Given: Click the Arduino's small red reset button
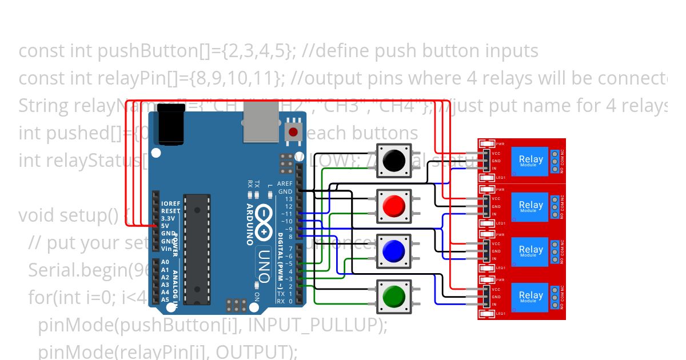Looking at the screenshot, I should (293, 133).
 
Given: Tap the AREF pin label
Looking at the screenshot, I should (284, 184).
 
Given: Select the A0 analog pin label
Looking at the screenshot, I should (165, 262).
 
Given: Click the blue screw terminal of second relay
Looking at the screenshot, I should (555, 206).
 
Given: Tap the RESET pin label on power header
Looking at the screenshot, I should (170, 211).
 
